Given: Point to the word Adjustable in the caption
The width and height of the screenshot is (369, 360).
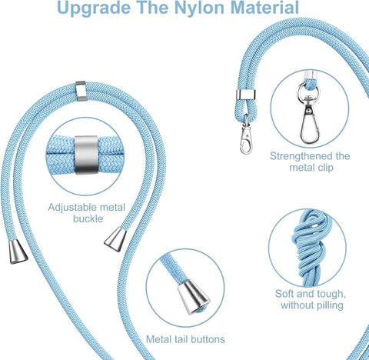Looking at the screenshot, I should [x=75, y=207].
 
